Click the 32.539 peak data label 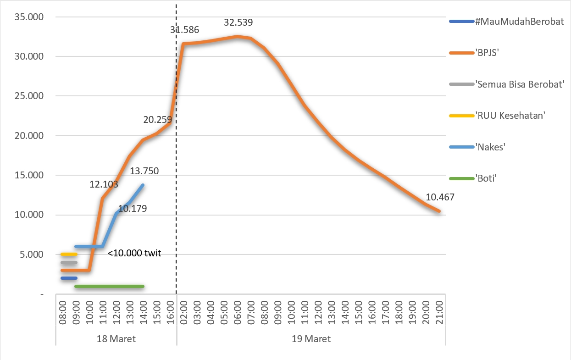tap(238, 22)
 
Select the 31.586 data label tap(184, 30)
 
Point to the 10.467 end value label tap(440, 198)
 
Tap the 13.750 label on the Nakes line tap(144, 172)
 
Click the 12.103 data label tap(104, 185)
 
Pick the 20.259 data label tap(157, 120)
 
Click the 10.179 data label tap(132, 209)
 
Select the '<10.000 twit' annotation tap(134, 253)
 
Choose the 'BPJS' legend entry tap(487, 53)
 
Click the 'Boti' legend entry tap(486, 178)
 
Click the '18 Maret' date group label tap(116, 339)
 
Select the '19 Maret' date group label tap(311, 339)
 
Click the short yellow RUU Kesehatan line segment tap(69, 254)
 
